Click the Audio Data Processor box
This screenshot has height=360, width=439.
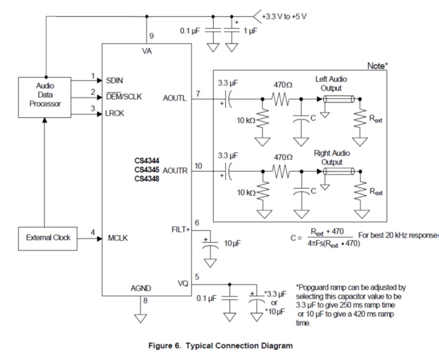tap(45, 95)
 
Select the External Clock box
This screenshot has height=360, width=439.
tap(48, 238)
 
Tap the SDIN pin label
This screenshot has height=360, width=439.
tap(114, 81)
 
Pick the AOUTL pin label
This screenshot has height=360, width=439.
tap(174, 99)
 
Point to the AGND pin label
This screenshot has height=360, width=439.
tap(141, 289)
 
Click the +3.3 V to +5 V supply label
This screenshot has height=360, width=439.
tap(284, 16)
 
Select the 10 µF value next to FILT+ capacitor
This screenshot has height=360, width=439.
tap(232, 243)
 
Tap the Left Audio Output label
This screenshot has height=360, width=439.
tap(331, 84)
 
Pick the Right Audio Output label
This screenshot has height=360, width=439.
tap(332, 157)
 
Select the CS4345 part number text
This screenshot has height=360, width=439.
tap(146, 170)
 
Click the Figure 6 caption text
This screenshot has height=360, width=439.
tap(220, 346)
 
